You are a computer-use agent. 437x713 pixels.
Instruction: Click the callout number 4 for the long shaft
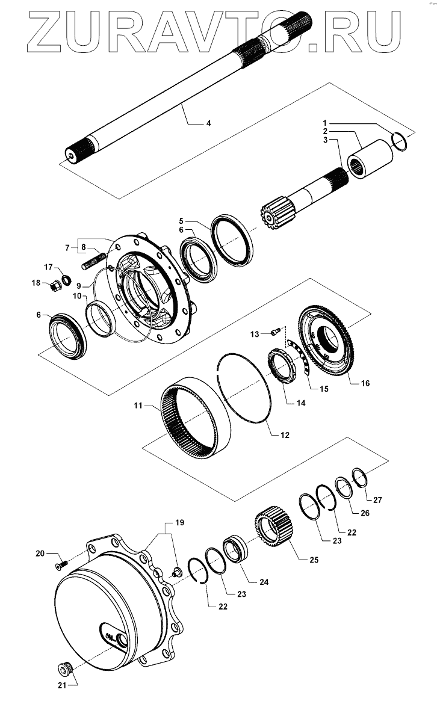[x=208, y=123]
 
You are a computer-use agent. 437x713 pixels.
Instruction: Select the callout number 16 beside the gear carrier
[x=365, y=383]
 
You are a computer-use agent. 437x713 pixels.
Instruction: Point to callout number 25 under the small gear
[x=314, y=560]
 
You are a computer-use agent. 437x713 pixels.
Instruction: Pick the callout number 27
[x=377, y=499]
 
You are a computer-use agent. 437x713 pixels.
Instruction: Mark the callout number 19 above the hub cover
[x=179, y=522]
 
